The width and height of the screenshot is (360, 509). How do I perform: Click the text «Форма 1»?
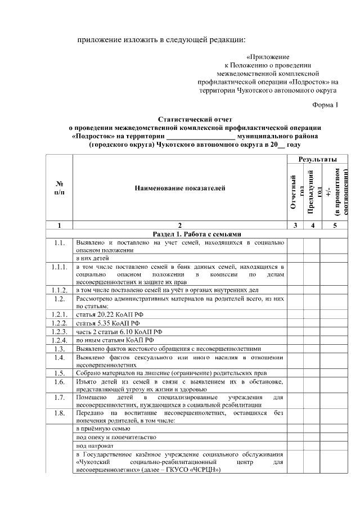(326, 106)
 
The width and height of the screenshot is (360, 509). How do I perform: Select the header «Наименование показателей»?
(179, 188)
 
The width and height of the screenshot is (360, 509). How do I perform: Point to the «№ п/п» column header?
(59, 188)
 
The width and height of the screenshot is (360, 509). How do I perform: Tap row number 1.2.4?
(59, 340)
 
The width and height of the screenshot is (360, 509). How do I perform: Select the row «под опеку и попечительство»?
(115, 437)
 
